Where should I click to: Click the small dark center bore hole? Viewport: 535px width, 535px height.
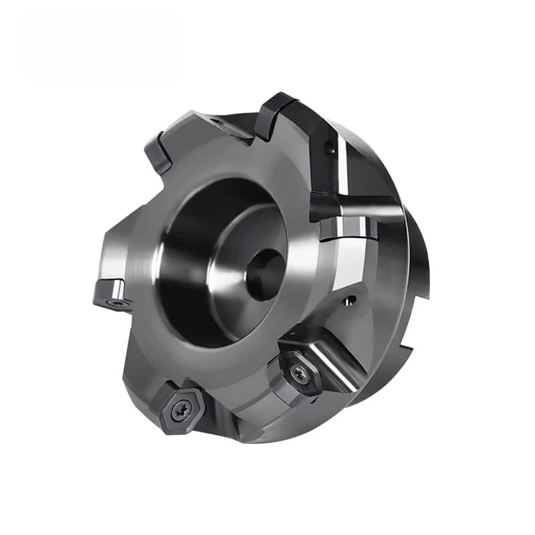[x=262, y=271]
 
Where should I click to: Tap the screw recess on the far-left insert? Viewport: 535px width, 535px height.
[x=118, y=303]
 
